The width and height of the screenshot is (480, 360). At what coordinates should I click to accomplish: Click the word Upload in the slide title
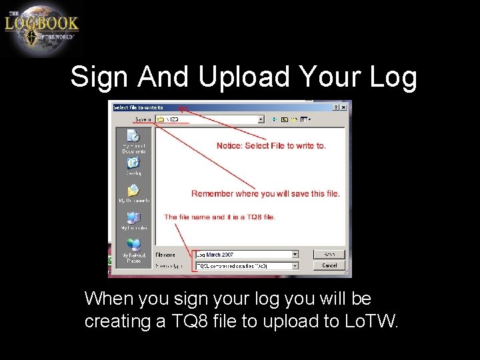point(243,77)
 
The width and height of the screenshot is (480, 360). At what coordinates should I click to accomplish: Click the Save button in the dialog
point(329,255)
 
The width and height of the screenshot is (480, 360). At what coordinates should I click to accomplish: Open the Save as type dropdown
point(295,265)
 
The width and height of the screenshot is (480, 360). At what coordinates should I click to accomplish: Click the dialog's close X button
point(346,107)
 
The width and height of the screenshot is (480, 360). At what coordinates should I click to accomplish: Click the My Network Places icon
point(134,246)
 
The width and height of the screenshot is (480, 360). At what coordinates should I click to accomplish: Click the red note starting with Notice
point(271,145)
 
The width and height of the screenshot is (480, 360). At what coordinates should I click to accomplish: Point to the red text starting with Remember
point(265,193)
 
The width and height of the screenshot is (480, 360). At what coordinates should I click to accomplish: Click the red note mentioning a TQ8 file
point(219,217)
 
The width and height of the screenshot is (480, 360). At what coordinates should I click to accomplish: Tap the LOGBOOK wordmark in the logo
point(41,24)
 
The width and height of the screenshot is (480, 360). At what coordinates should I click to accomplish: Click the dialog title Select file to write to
point(139,107)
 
